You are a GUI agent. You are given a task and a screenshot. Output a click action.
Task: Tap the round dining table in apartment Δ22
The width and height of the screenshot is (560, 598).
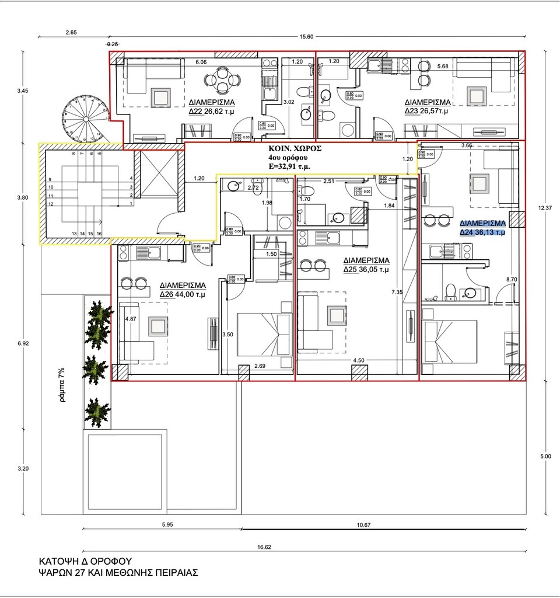click(x=222, y=80)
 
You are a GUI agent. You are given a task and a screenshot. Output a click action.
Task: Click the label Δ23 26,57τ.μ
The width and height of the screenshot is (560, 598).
click(x=426, y=109)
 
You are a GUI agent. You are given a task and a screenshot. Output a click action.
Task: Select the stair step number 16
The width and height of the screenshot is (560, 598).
click(x=99, y=233)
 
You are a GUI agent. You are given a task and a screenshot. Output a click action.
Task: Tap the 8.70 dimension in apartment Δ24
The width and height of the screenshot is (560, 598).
click(x=512, y=280)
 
